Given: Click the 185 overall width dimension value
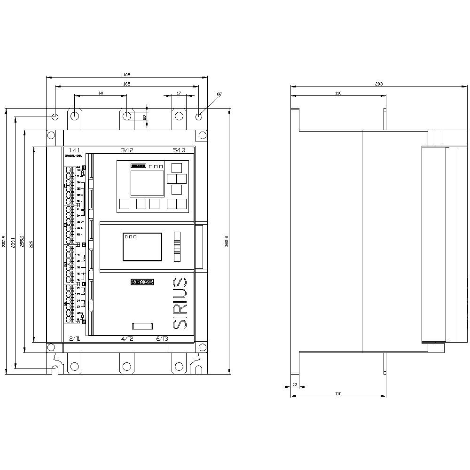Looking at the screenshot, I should tap(126, 75).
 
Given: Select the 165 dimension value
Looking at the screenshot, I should tap(126, 84).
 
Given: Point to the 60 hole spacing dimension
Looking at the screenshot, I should tap(101, 93).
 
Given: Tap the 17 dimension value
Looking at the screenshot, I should tap(178, 93).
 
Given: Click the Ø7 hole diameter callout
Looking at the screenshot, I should tap(219, 94).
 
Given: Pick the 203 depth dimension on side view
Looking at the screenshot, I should tap(379, 84).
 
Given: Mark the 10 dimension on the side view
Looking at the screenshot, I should tap(295, 384).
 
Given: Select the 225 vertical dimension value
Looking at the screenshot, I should tap(31, 244).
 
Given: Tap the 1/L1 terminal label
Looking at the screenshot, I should tap(74, 150).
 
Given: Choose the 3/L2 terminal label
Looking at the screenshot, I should tap(127, 150).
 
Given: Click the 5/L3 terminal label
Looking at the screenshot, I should tap(179, 150).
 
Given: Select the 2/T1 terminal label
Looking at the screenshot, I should tap(74, 339).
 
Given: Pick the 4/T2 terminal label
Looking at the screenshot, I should tap(127, 339).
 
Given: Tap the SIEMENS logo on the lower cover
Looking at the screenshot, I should tap(142, 282).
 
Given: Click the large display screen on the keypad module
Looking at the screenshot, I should tap(147, 183).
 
